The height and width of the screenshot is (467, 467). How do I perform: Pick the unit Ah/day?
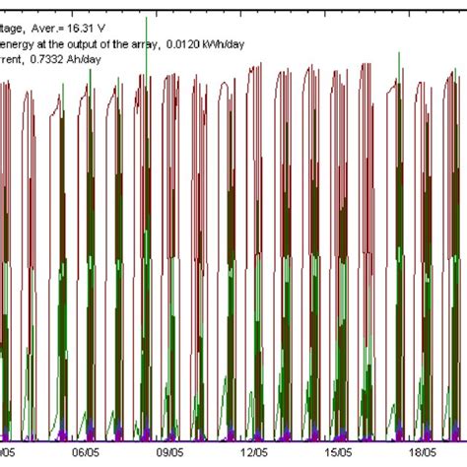coord(89,60)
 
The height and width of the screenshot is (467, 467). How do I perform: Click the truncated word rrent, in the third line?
coord(13,60)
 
